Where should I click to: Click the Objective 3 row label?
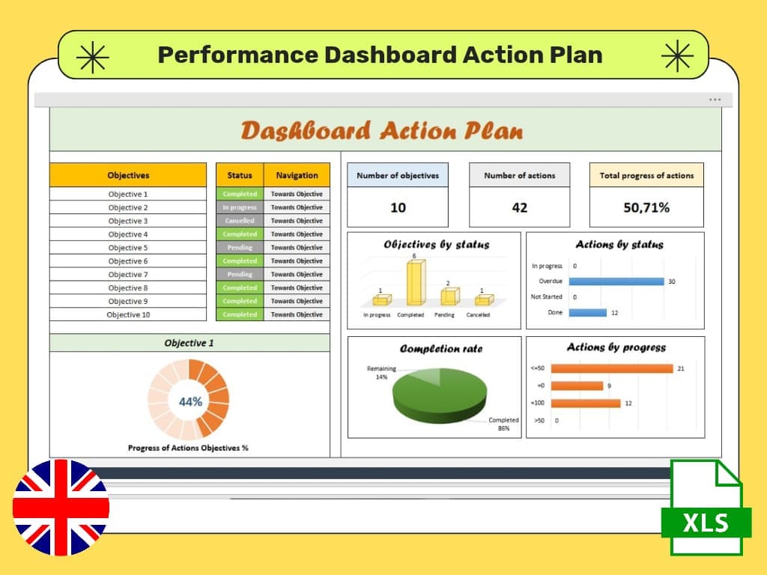point(128,221)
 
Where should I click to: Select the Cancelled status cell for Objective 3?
point(240,221)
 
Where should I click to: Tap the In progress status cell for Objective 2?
point(240,207)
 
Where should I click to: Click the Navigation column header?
point(297,175)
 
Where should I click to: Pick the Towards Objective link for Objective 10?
point(297,314)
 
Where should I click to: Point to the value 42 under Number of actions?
point(519,207)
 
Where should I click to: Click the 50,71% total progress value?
point(646,207)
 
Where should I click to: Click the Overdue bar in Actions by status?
point(616,282)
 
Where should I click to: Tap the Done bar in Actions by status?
point(587,312)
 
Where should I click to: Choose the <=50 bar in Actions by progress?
point(620,368)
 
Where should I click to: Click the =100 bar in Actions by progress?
point(594,403)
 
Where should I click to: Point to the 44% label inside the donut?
point(190,402)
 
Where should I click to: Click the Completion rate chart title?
point(441,349)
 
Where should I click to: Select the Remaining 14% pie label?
point(381,373)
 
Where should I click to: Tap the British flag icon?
point(61,508)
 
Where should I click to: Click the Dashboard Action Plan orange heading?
point(382,131)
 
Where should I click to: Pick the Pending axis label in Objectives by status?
point(444,315)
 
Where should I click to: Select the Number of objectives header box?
point(398,175)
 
